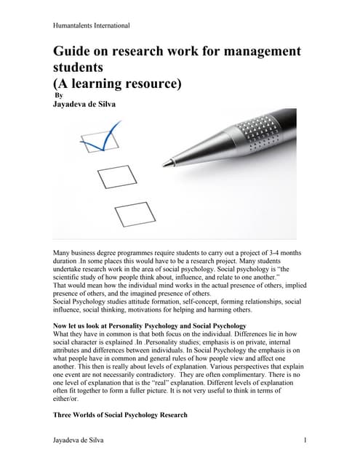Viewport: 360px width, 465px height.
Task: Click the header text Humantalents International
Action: point(92,25)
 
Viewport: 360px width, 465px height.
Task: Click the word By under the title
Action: point(60,94)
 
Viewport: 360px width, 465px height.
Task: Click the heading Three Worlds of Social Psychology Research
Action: point(120,415)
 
